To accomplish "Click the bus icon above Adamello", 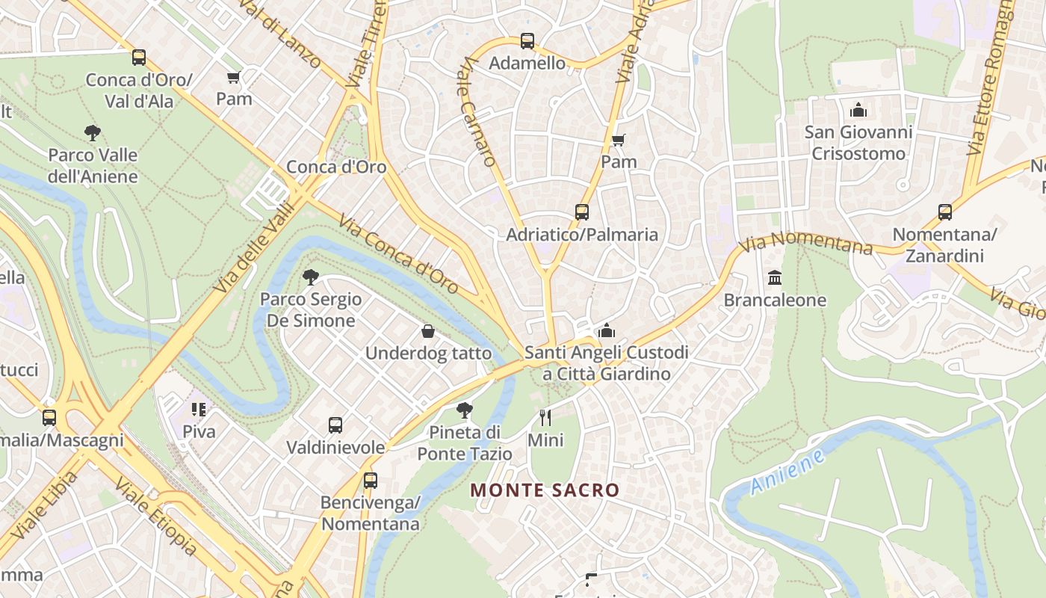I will tap(527, 41).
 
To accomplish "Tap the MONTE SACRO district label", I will tap(545, 490).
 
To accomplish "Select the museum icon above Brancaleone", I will tap(775, 278).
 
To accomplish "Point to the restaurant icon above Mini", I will tap(545, 418).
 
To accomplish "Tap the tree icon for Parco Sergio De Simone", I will tap(311, 277).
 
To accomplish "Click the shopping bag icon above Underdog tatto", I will tap(428, 331).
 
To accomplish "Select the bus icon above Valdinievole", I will tap(335, 425).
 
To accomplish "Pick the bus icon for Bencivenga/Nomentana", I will tap(370, 481).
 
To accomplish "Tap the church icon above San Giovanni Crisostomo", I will tap(858, 111).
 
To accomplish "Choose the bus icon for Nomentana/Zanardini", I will tap(945, 212).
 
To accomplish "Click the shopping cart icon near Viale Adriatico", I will tap(619, 140).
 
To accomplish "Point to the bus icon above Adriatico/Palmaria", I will tap(582, 212).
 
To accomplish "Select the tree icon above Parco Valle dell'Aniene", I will tap(93, 134).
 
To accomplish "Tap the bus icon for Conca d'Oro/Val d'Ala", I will tap(139, 58).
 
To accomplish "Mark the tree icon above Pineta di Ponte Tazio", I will tap(465, 410).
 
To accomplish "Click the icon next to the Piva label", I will tap(199, 410).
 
